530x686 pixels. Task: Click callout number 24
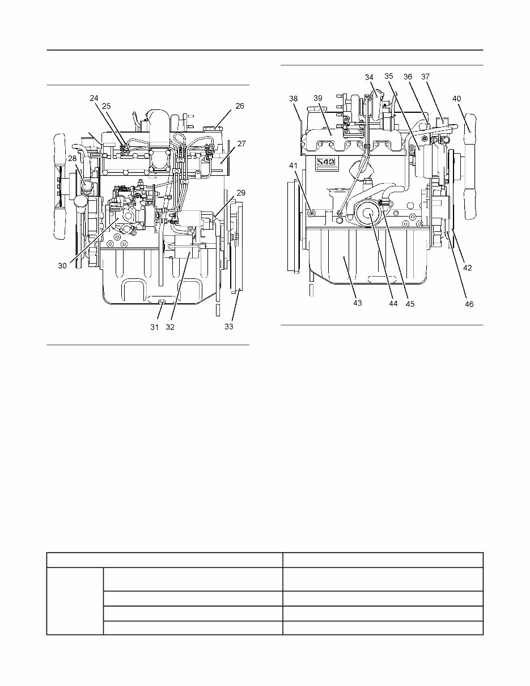(x=94, y=98)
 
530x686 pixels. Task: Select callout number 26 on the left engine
(x=240, y=106)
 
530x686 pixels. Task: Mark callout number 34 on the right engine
(x=369, y=77)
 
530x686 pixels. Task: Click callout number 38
(x=294, y=98)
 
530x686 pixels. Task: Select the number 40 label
(x=457, y=98)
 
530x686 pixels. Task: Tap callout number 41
(x=293, y=166)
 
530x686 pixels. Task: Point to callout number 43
(x=357, y=303)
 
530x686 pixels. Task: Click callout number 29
(x=241, y=193)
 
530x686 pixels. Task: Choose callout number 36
(x=408, y=77)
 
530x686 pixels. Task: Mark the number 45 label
(x=410, y=303)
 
